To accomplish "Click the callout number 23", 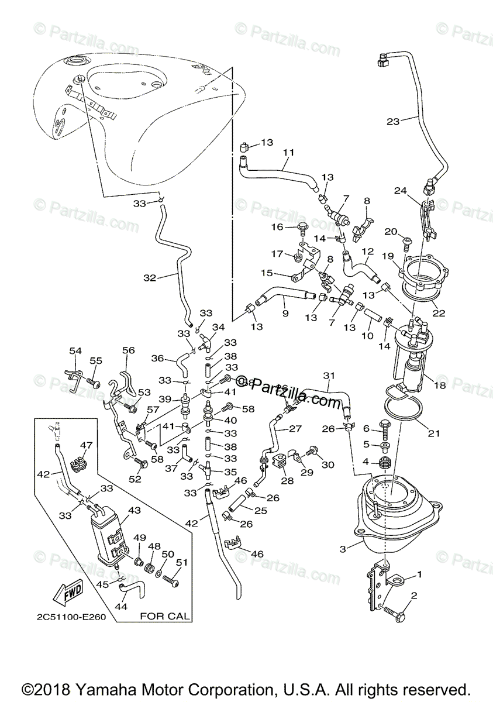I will tap(393, 122).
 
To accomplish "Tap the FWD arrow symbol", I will tap(65, 591).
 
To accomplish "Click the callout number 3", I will tap(343, 549).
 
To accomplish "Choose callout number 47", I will tap(86, 445).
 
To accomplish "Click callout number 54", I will tap(75, 350).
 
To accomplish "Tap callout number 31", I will tap(330, 375).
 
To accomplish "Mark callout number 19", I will tap(403, 256).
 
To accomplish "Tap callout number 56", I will tap(129, 350).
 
